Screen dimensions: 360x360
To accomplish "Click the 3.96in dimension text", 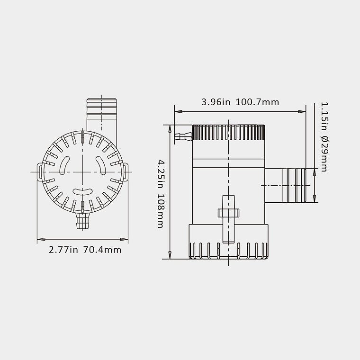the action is [x=216, y=102].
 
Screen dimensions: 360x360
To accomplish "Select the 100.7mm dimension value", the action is [x=257, y=102].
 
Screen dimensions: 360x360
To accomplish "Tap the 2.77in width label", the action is [x=63, y=250].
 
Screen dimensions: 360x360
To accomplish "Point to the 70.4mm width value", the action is [x=102, y=250].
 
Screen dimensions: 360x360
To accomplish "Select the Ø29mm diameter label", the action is [x=324, y=154].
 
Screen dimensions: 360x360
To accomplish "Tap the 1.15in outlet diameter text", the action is [x=324, y=117].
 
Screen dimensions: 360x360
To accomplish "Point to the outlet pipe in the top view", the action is [x=102, y=115].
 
